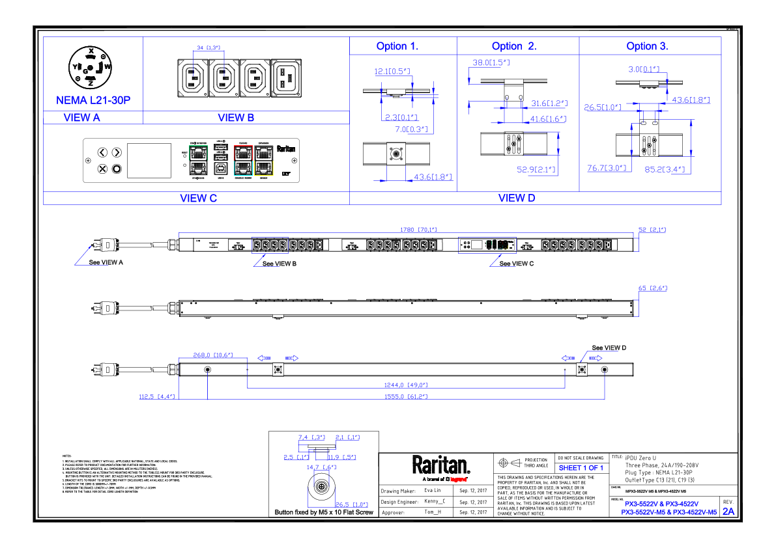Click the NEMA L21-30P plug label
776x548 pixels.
pos(93,101)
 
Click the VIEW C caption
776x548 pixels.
pos(198,199)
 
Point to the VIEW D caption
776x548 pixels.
pos(516,199)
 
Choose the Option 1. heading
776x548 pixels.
pos(397,46)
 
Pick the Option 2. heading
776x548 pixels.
pos(514,46)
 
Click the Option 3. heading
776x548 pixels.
pos(647,46)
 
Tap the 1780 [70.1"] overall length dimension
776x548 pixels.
pos(418,229)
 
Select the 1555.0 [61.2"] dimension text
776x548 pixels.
pos(406,396)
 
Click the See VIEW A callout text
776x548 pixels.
pos(106,264)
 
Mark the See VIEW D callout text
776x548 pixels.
pos(609,348)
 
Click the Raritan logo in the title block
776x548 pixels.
pos(440,465)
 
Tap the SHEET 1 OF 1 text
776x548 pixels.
pos(581,468)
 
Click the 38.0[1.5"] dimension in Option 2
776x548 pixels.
pos(491,63)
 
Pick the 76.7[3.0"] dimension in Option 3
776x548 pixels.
pos(607,168)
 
